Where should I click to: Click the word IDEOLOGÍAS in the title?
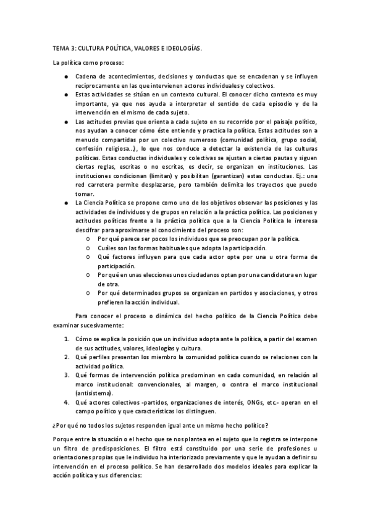pyautogui.click(x=183, y=48)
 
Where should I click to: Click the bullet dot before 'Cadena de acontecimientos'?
pyautogui.click(x=66, y=76)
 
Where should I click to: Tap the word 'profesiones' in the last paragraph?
pyautogui.click(x=288, y=447)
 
